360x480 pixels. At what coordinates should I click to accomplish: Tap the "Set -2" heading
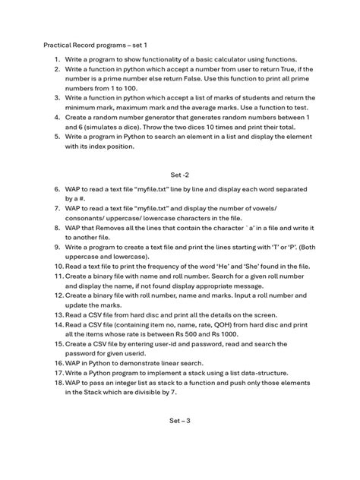tap(179, 174)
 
